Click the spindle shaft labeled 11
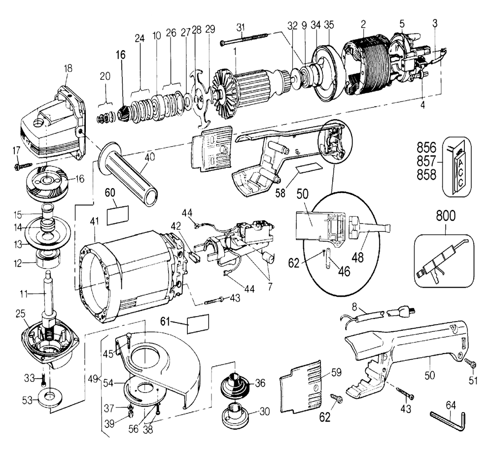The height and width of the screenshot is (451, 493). point(50,295)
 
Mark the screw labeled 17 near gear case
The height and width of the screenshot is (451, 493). point(23,166)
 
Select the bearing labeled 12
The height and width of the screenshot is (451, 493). point(48,257)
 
